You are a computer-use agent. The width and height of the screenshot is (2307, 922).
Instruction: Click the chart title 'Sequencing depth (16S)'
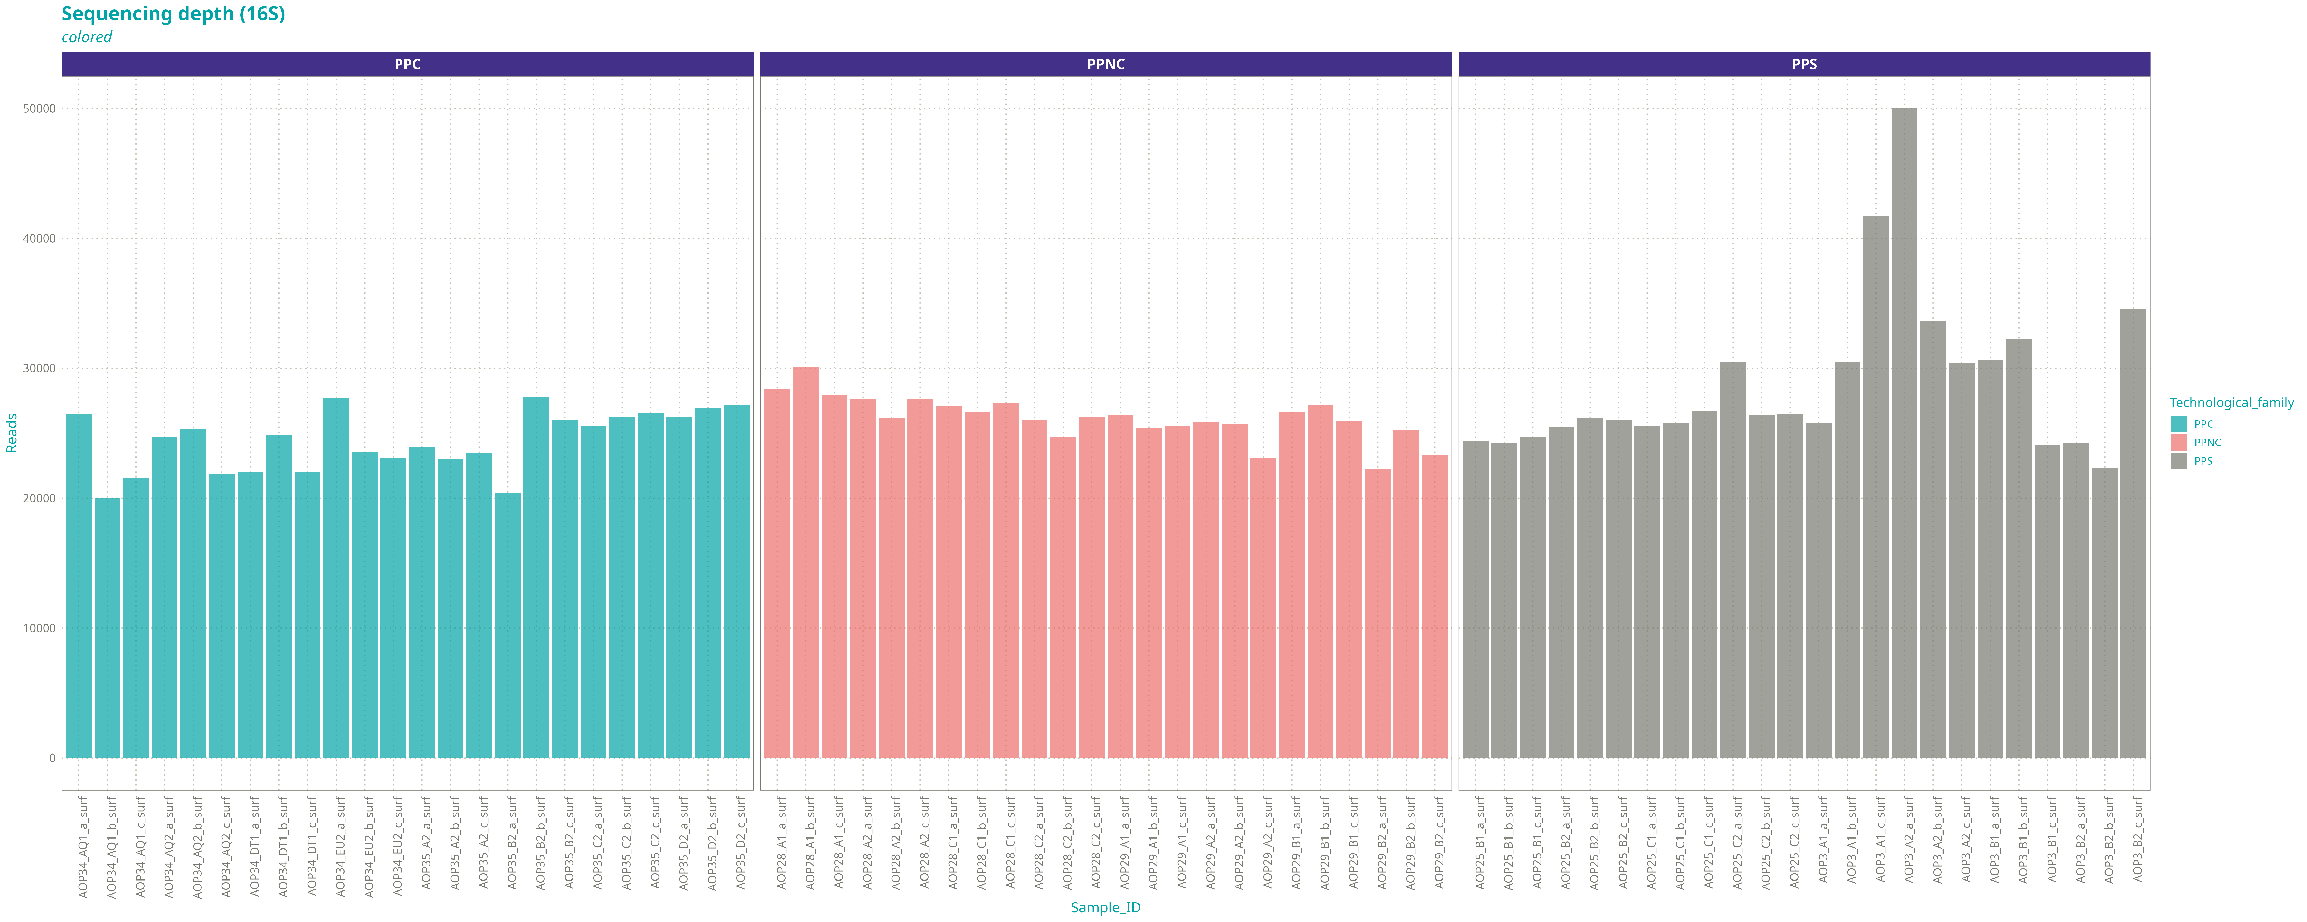coord(173,14)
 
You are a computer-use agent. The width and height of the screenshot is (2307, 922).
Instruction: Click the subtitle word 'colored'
coord(87,38)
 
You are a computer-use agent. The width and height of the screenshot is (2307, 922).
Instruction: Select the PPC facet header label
coord(408,65)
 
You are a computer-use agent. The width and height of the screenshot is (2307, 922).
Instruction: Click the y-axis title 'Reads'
coord(12,433)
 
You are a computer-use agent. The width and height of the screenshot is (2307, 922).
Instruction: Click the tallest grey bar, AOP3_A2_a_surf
coord(1904,433)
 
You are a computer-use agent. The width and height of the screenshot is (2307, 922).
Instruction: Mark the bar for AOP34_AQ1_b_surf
coord(107,628)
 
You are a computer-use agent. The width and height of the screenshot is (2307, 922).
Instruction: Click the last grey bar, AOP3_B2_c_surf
coord(2133,533)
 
